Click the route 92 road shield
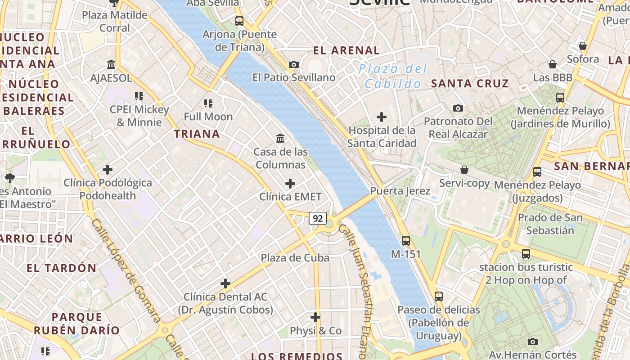[318, 219]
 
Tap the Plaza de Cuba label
[295, 258]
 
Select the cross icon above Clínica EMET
[290, 184]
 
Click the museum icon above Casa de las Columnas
[281, 138]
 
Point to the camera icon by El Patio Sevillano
[294, 65]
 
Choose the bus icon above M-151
[406, 241]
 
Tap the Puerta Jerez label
[400, 191]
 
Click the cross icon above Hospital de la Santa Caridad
[382, 117]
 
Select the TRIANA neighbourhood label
[197, 134]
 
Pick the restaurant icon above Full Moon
[208, 103]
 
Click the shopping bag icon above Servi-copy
[464, 170]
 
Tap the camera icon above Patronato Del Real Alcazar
[458, 108]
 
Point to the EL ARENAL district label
[346, 50]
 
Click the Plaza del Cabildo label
[393, 76]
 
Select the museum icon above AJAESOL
[111, 65]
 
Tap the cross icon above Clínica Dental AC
[225, 283]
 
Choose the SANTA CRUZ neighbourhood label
[470, 83]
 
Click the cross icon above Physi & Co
[315, 317]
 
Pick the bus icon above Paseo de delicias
[439, 297]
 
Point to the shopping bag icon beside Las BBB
[553, 65]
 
